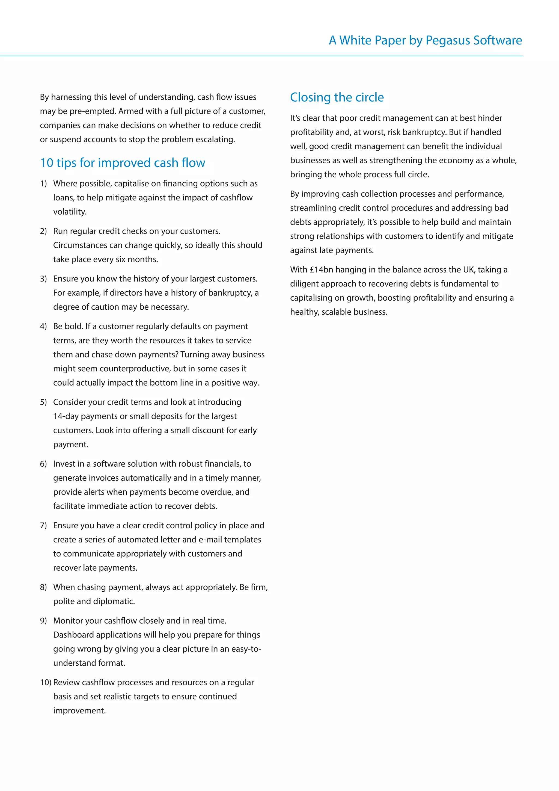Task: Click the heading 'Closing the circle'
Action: [337, 97]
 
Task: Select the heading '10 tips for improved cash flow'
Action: [123, 163]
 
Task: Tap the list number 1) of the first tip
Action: [43, 184]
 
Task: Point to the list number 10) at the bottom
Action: [46, 683]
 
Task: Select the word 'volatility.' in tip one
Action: [70, 212]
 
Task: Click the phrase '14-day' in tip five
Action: [66, 416]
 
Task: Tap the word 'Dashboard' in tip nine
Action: [73, 635]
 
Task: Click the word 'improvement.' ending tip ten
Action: [79, 711]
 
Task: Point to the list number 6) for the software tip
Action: [43, 464]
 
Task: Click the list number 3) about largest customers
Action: [43, 279]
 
